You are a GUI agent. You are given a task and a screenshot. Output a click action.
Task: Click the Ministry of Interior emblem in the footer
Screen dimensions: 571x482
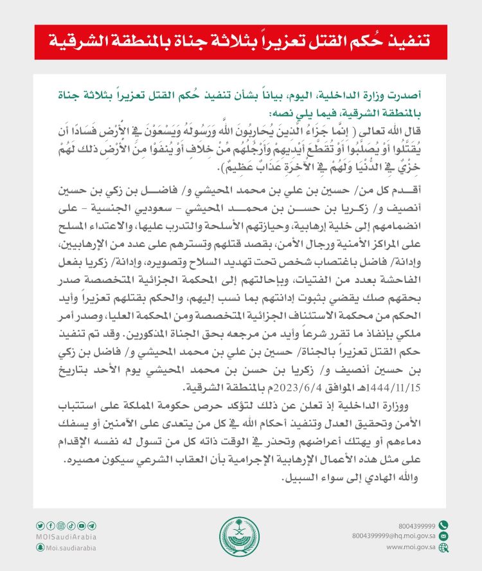pyautogui.click(x=240, y=536)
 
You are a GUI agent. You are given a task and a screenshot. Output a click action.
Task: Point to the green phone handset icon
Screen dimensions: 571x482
pyautogui.click(x=443, y=525)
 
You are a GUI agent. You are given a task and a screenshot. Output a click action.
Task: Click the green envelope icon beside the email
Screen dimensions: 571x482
pyautogui.click(x=443, y=536)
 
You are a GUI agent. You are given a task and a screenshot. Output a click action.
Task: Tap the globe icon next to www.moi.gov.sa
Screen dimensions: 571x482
pyautogui.click(x=443, y=547)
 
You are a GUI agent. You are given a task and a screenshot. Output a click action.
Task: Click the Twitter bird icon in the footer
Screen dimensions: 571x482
pyautogui.click(x=40, y=525)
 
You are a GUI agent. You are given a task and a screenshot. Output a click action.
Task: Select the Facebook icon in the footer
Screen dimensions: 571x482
pyautogui.click(x=51, y=525)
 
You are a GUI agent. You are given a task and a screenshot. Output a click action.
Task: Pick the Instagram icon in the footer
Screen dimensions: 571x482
pyautogui.click(x=61, y=525)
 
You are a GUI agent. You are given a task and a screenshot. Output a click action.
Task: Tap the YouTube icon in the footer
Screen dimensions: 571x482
pyautogui.click(x=82, y=525)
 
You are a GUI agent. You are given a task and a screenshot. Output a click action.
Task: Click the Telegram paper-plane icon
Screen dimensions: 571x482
pyautogui.click(x=92, y=525)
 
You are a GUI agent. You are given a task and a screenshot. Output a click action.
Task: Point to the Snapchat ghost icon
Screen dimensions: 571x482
pyautogui.click(x=40, y=547)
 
